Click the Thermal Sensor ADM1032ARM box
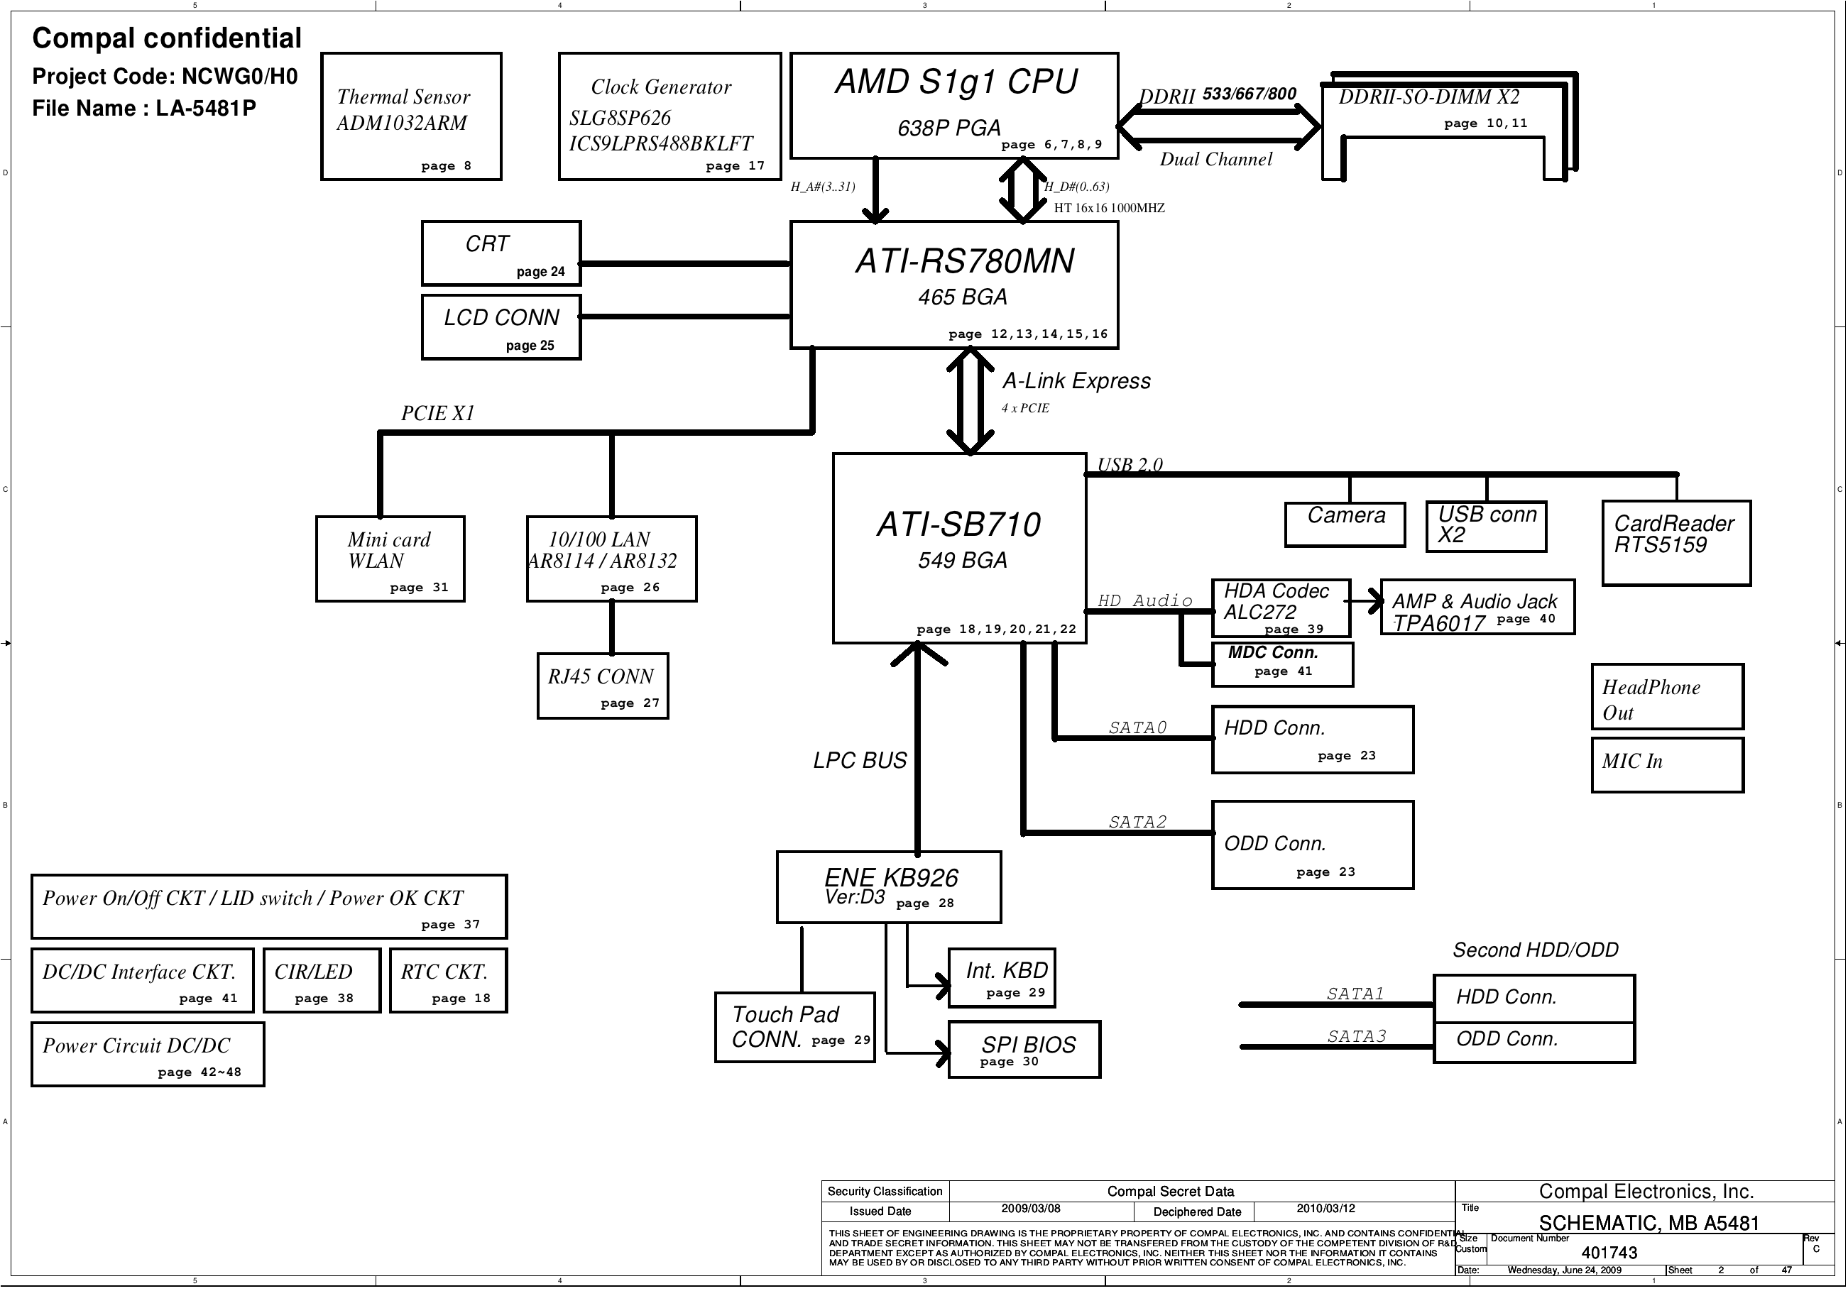pos(410,116)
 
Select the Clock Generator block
pos(669,116)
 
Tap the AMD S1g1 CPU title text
pos(956,82)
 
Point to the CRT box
pos(501,253)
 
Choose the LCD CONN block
pos(501,326)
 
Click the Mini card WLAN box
pos(390,559)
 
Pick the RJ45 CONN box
pos(602,686)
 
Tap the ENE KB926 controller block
pos(889,886)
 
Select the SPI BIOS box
pos(1024,1050)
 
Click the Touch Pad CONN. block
pos(794,1027)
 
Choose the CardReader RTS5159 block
pos(1675,542)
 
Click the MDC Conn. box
pos(1281,664)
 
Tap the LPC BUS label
pos(860,761)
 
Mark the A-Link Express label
pos(1076,380)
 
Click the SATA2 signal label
pos(1137,822)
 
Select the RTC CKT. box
pos(448,980)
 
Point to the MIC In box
pos(1667,765)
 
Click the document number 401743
pos(1609,1253)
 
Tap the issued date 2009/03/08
pos(1030,1209)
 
